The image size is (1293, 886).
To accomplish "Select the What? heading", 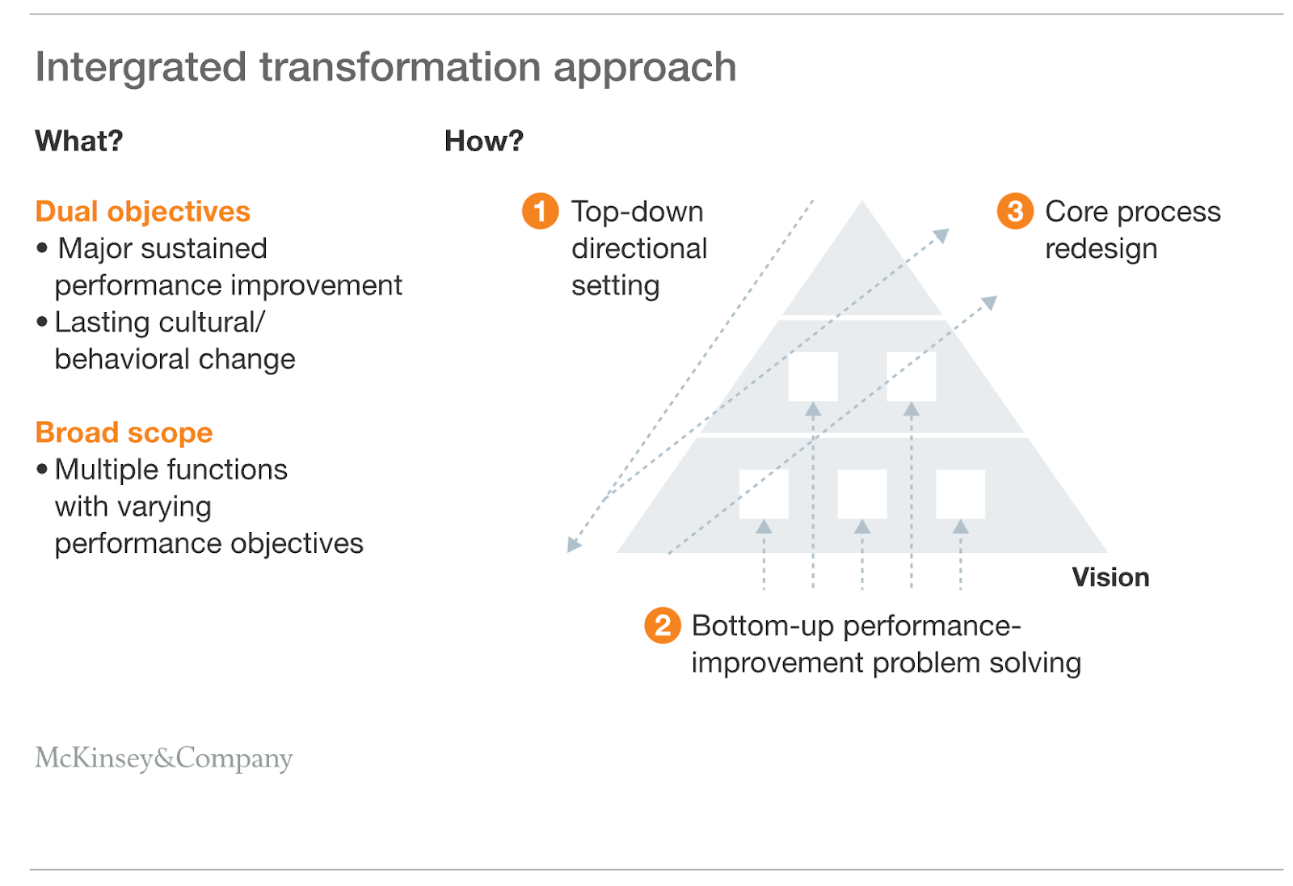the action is pos(79,141).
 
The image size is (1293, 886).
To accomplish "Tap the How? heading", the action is pos(484,141).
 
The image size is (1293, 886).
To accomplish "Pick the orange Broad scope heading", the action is pos(124,432).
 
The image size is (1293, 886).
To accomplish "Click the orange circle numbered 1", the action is pos(541,211).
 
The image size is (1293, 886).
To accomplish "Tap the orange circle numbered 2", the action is pos(663,625).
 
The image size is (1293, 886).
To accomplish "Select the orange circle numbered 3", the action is pos(1015,211).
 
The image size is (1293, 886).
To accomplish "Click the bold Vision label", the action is pos(1110,577).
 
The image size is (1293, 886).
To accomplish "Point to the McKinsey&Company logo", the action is pos(164,758).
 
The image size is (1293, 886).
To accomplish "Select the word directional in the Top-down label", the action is pos(639,248).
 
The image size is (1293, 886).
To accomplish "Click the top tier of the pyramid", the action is pos(861,272).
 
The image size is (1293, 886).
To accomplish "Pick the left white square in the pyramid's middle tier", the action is pos(813,376).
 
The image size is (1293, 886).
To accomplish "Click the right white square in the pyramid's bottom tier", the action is pos(961,494).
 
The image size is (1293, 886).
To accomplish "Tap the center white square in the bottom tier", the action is pos(861,494).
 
